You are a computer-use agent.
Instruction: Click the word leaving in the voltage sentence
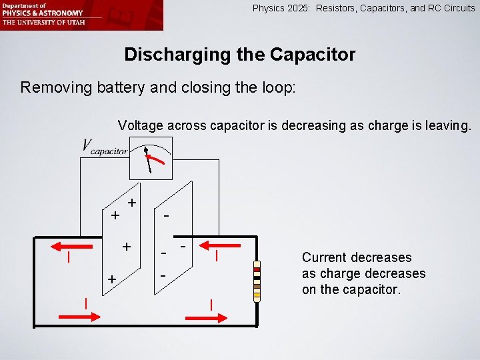(445, 125)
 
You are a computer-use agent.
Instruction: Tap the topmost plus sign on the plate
(133, 202)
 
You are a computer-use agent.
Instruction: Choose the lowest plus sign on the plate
(113, 279)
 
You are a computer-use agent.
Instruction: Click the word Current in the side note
(323, 257)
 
